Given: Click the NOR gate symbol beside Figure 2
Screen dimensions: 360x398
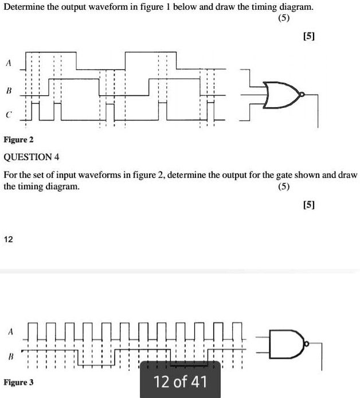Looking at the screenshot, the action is point(281,95).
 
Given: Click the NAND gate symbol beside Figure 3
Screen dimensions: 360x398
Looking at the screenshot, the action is point(287,344).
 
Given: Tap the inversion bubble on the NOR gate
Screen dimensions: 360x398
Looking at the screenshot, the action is point(302,95).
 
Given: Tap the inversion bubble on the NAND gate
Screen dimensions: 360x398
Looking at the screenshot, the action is point(307,344).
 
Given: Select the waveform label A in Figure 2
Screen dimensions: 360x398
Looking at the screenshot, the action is point(9,63).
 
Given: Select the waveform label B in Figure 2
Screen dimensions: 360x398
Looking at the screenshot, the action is point(9,91).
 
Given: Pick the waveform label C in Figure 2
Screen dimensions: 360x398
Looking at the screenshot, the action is point(9,115).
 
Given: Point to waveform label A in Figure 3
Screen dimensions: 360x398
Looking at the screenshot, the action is point(10,331).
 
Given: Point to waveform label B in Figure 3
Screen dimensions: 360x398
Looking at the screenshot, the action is point(10,357).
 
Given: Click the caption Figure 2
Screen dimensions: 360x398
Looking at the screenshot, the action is point(18,139).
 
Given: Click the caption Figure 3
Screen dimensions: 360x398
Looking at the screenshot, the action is point(18,383).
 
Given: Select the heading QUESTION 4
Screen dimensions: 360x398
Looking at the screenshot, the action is point(31,157).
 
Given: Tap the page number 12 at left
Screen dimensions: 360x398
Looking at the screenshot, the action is point(9,239).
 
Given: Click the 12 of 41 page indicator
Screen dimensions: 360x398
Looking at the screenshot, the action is point(180,381).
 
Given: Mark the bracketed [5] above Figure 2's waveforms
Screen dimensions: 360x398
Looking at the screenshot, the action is point(309,37).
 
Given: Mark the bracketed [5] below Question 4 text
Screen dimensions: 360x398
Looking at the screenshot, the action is point(309,205).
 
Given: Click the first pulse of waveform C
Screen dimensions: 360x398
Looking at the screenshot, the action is point(36,111).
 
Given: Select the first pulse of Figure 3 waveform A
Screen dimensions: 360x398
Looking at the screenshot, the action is point(33,331).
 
